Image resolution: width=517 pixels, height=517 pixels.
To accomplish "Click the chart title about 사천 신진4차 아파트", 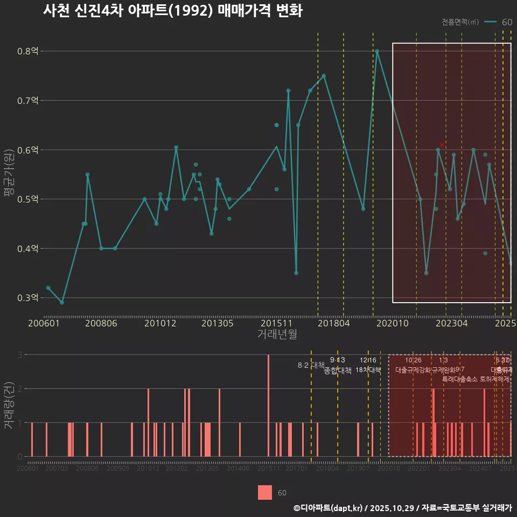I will click(x=172, y=11).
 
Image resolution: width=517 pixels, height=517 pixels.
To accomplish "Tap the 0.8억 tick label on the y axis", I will click(x=28, y=52).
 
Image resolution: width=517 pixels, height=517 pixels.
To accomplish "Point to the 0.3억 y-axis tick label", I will click(x=28, y=298).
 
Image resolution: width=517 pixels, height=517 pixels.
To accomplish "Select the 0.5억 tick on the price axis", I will click(x=28, y=199).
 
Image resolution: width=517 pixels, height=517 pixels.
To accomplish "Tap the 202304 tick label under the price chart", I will click(x=451, y=324).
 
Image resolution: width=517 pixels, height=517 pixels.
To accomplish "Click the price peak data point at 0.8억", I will click(x=377, y=51).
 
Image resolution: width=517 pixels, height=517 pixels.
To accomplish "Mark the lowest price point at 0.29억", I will click(x=62, y=303).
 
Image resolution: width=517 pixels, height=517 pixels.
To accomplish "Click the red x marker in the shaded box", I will click(x=442, y=145).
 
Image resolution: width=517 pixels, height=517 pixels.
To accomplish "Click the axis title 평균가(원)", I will click(x=9, y=175).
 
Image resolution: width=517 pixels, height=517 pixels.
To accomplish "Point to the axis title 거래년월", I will click(x=277, y=334).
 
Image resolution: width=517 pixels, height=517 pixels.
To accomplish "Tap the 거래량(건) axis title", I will click(x=9, y=405).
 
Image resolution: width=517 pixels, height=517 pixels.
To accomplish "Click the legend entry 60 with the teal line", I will click(x=498, y=22).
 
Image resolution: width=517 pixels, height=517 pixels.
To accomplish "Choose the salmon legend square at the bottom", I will click(x=265, y=493).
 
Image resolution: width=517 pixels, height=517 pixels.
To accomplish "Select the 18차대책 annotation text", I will click(x=368, y=370).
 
